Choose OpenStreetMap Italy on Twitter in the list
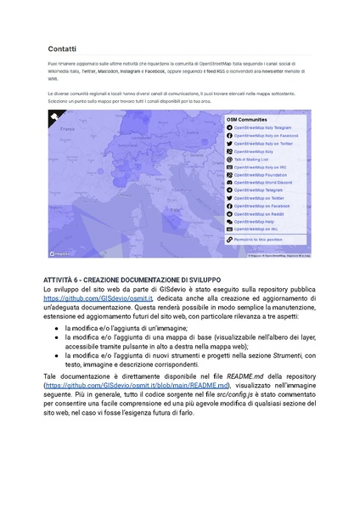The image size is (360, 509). [264, 144]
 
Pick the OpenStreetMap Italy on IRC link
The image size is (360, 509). [262, 167]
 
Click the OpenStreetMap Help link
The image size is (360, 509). [254, 221]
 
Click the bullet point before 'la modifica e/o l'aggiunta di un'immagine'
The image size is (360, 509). [55, 327]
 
